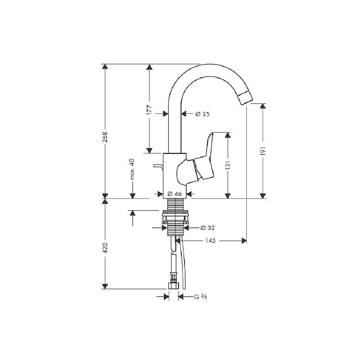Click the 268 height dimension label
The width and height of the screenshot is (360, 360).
coord(105,137)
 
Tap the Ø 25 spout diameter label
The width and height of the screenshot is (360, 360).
coord(202,114)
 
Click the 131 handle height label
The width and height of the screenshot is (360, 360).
coord(228,165)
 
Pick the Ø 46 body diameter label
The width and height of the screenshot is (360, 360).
coord(175,194)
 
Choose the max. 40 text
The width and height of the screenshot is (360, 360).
coord(132,169)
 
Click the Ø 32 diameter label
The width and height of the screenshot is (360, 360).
coord(207,228)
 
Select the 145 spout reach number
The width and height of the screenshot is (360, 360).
coord(211,241)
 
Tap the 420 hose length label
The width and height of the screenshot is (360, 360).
coord(105,248)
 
